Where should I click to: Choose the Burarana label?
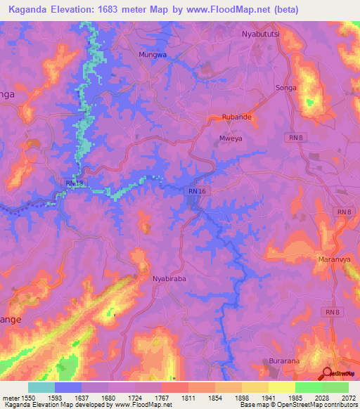tap(285, 361)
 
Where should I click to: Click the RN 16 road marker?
tap(198, 191)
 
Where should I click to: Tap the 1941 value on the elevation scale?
tap(270, 398)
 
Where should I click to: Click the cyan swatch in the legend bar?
tap(41, 387)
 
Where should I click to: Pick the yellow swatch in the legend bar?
tap(282, 387)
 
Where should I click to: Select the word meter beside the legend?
tap(12, 398)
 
